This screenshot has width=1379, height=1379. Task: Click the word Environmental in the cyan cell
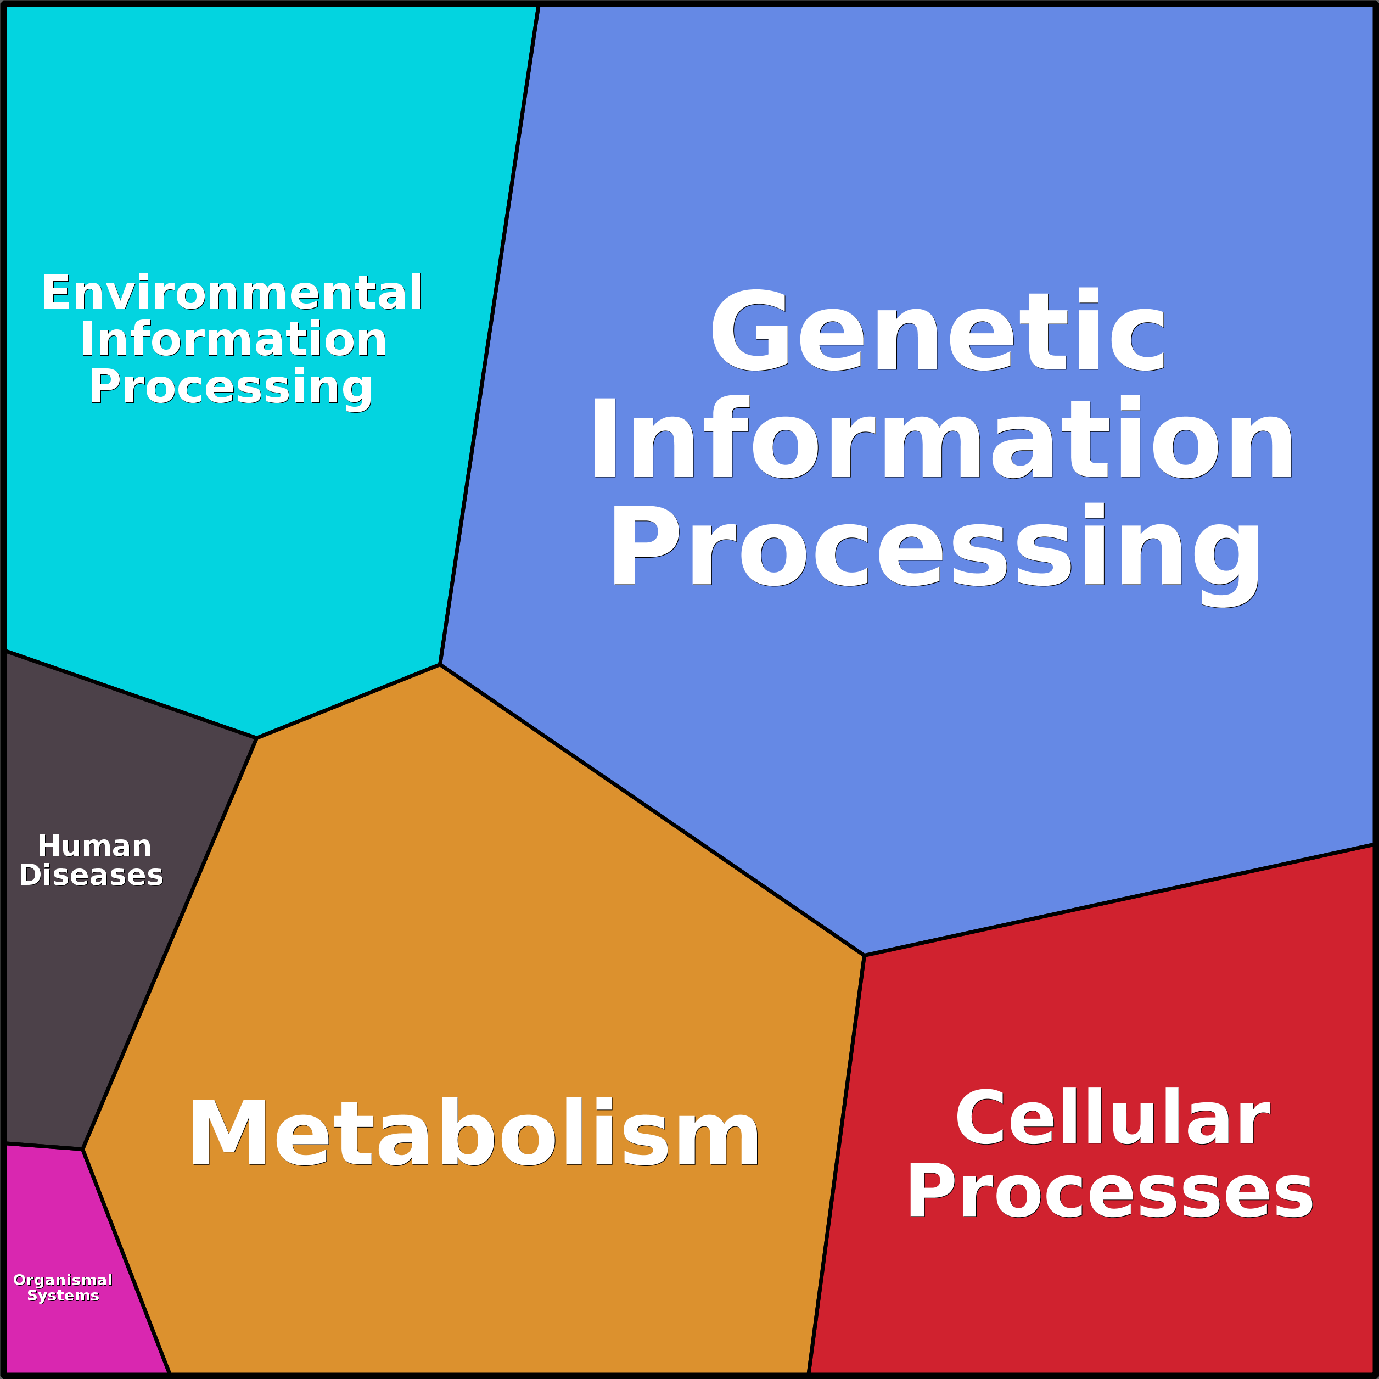232,293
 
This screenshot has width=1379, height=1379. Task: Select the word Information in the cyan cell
233,340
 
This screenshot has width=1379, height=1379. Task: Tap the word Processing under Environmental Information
231,388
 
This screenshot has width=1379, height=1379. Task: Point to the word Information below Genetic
941,438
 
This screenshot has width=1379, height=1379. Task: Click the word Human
94,847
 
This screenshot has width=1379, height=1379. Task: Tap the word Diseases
91,876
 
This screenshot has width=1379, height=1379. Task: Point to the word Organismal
63,1280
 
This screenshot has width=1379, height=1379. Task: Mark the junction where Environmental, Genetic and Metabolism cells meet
440,664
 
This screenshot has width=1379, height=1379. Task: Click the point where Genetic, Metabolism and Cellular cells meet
865,955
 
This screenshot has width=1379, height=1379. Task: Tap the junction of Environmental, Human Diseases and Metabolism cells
257,738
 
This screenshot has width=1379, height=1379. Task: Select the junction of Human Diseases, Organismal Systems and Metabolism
83,1149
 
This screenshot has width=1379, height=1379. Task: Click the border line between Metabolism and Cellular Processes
837,1163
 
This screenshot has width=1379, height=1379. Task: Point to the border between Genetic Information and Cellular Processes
1120,899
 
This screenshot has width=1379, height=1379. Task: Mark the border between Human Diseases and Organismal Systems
43,1146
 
